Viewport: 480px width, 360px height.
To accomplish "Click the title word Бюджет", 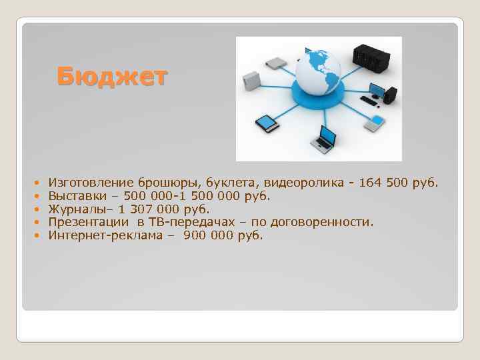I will (x=111, y=77).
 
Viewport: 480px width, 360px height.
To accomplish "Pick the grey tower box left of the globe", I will (x=250, y=79).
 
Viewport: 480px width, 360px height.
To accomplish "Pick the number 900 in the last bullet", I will (x=194, y=235).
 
